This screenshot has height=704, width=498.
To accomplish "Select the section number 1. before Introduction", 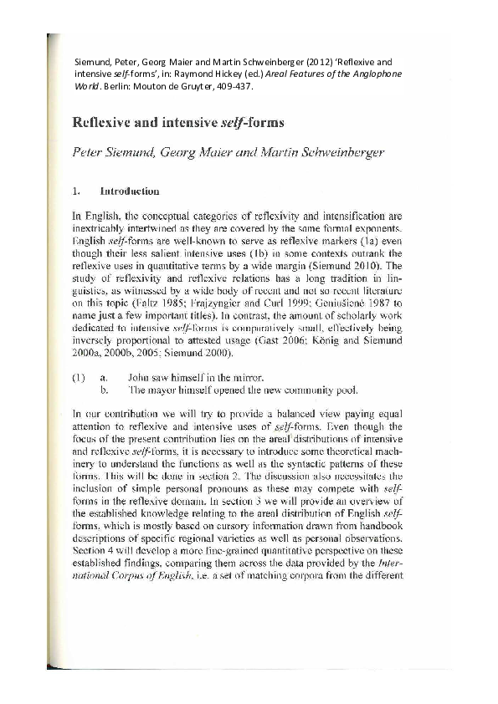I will click(76, 190).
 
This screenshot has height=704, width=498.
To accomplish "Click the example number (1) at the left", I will click(78, 355).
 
